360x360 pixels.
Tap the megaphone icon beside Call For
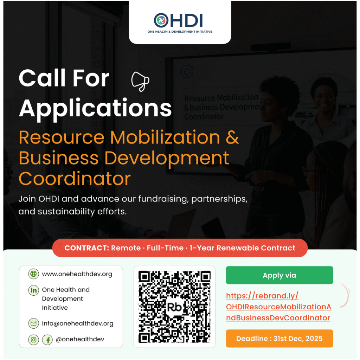[140, 82]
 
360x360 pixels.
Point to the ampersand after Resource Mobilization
[232, 137]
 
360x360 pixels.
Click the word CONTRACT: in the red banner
[86, 248]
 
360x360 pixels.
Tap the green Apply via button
[279, 275]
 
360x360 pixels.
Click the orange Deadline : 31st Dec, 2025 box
[279, 339]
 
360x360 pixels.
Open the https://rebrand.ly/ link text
[262, 296]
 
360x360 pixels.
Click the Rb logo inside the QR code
[174, 307]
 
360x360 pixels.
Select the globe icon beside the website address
[33, 274]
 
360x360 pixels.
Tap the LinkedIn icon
[33, 290]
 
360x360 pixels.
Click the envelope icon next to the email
[33, 323]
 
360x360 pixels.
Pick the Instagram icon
[33, 340]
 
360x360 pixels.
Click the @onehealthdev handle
[80, 339]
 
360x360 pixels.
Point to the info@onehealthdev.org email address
[78, 323]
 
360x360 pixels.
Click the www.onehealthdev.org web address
[77, 274]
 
